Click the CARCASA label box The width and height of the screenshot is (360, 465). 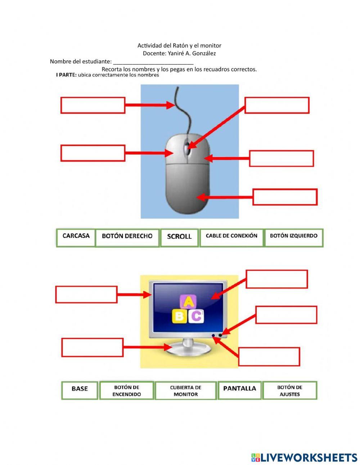76,237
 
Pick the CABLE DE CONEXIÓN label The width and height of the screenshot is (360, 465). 231,237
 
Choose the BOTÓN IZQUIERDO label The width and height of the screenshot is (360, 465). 294,237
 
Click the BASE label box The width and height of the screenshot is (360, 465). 80,390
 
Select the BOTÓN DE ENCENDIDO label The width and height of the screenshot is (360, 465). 127,391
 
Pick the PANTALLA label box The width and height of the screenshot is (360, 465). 239,390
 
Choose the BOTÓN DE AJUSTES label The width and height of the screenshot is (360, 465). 290,391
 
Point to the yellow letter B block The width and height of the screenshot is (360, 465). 179,316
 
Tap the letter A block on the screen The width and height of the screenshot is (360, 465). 188,302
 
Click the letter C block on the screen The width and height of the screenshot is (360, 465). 196,316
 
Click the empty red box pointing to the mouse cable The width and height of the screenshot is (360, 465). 93,105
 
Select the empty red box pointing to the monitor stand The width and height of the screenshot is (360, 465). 93,347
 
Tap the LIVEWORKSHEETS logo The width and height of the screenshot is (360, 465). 304,457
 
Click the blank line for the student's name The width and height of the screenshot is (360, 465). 153,62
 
